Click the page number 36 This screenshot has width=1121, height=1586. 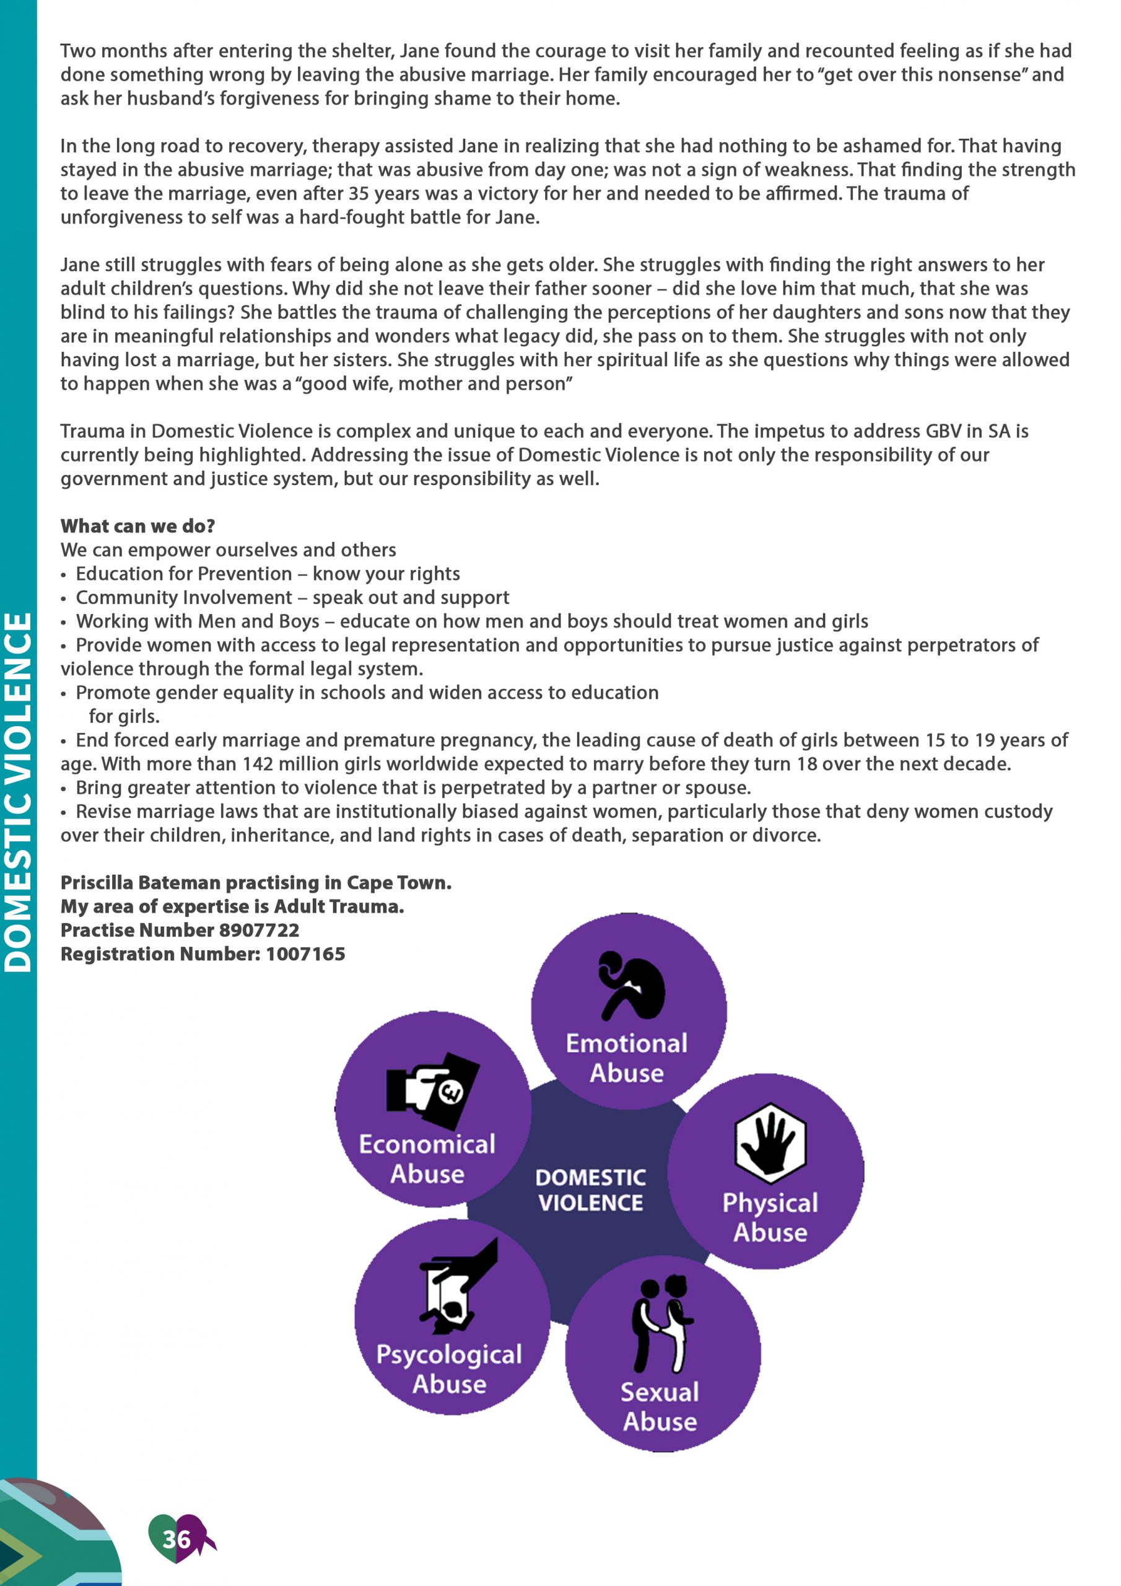176,1538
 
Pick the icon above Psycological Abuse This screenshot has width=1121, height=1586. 455,1287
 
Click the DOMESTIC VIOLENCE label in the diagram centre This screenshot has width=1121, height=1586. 591,1190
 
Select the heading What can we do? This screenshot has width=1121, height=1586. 137,526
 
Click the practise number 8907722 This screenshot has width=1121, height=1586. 259,930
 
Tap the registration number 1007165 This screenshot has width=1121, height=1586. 305,954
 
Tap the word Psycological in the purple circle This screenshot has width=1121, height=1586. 449,1354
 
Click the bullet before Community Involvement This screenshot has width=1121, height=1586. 64,599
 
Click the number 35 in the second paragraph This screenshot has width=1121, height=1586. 359,193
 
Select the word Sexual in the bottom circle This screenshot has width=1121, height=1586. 660,1392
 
